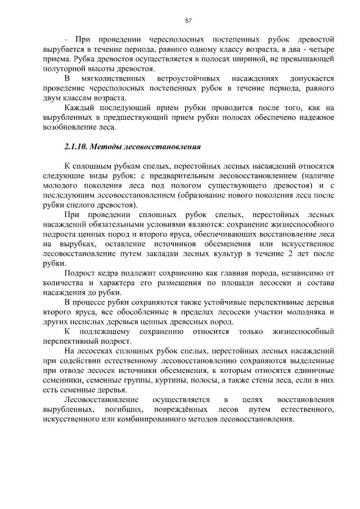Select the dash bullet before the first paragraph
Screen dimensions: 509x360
pyautogui.click(x=66, y=40)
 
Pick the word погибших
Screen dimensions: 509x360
pyautogui.click(x=121, y=409)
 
